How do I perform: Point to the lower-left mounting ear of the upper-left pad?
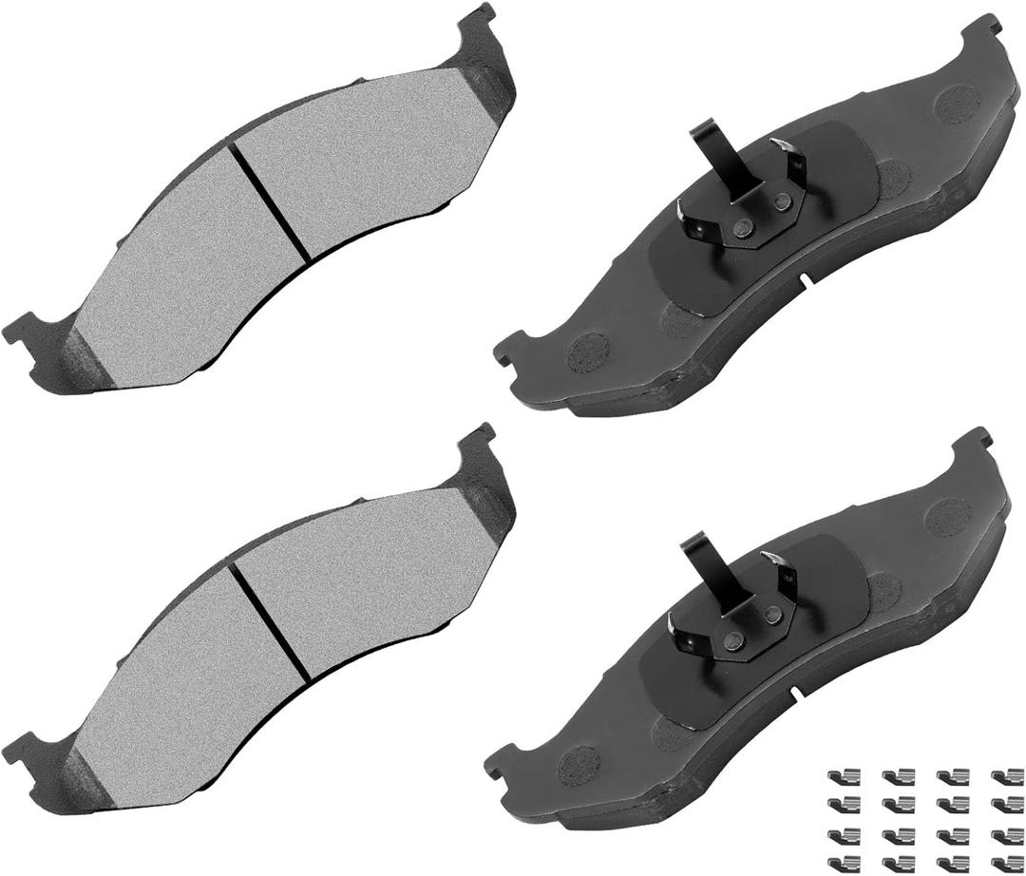[26, 330]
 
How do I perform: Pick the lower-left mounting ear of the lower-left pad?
[26, 747]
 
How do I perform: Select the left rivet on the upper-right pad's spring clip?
[746, 226]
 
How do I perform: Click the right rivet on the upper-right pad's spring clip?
[782, 201]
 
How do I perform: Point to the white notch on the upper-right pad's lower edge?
[804, 280]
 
